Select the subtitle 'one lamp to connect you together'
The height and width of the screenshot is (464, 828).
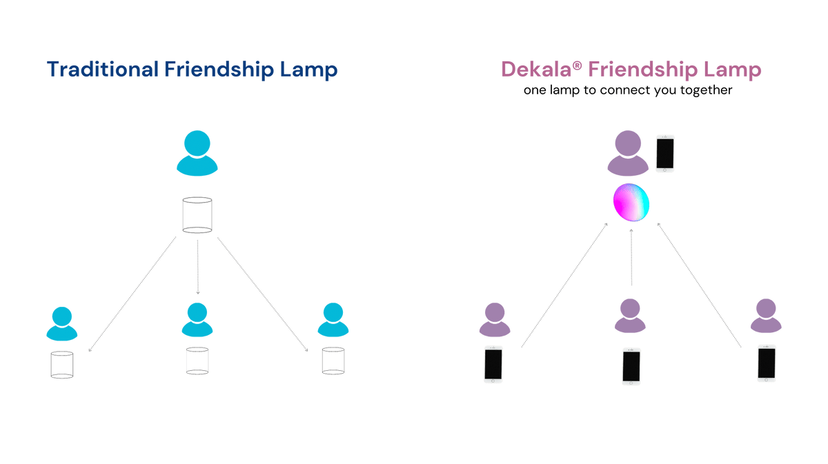[627, 90]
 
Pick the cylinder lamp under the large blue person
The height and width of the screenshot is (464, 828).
[197, 214]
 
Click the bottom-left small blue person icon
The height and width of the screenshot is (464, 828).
[62, 323]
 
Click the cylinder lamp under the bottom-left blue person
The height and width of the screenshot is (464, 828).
[62, 365]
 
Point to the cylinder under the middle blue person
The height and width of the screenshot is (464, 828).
[197, 361]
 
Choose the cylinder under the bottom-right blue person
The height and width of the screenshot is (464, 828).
[334, 361]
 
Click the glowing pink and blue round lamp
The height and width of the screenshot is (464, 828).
[631, 202]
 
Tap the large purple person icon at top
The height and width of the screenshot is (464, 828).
[627, 154]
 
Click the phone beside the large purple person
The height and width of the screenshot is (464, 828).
[665, 153]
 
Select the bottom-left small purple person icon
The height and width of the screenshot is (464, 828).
[495, 319]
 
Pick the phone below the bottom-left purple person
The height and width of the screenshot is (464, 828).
[493, 364]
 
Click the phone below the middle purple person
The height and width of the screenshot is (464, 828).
[631, 365]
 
